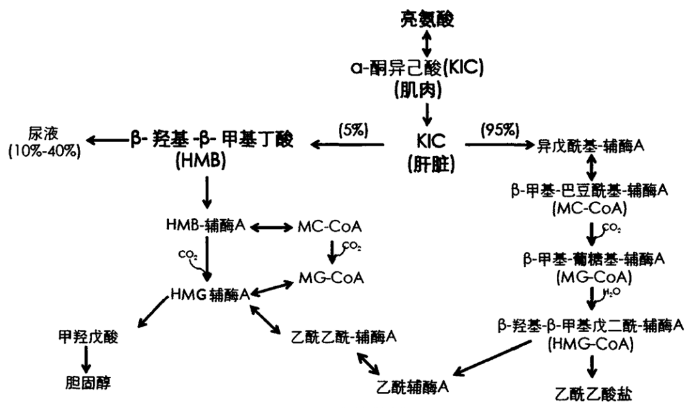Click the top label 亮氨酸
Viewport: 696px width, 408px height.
pyautogui.click(x=425, y=19)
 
